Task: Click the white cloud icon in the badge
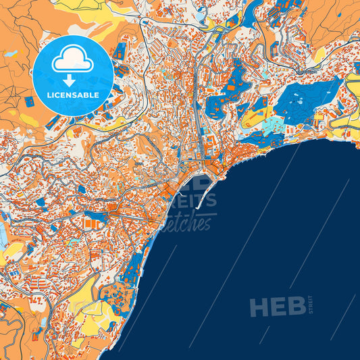tap(73, 60)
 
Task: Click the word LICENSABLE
tap(73, 95)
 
